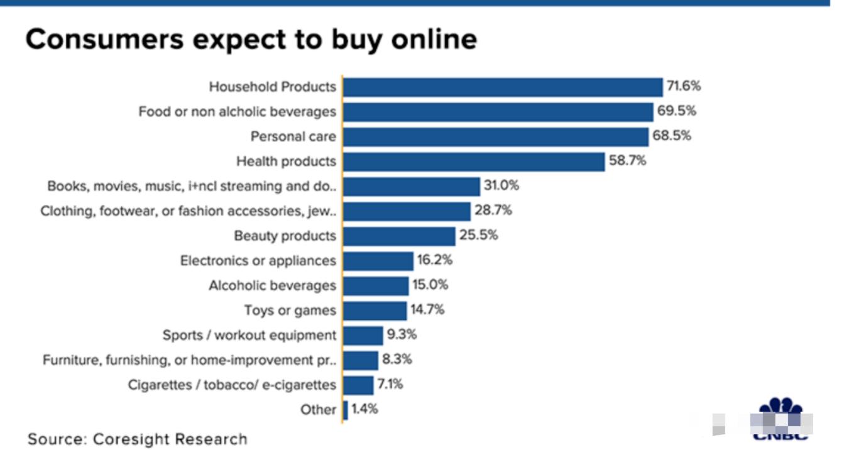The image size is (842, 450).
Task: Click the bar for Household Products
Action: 503,87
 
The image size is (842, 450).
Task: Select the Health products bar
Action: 474,162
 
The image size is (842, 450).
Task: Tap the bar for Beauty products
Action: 399,236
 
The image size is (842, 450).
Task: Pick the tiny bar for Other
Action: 346,410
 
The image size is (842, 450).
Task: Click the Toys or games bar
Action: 375,310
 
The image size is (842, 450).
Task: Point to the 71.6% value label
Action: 683,86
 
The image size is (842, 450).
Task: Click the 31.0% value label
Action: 501,186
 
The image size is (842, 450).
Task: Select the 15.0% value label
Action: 430,285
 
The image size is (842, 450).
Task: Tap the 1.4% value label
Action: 365,410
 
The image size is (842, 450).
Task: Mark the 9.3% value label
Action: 402,335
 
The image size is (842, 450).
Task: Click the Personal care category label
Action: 293,136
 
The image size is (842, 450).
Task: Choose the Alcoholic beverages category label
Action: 272,285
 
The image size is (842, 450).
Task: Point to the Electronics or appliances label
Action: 258,261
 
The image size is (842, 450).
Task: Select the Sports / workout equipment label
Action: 249,336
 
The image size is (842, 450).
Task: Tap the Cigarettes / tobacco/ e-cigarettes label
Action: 232,385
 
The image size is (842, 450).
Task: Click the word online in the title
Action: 434,39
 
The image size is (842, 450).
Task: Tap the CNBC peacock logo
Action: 781,418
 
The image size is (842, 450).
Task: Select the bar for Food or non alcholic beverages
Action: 498,112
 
